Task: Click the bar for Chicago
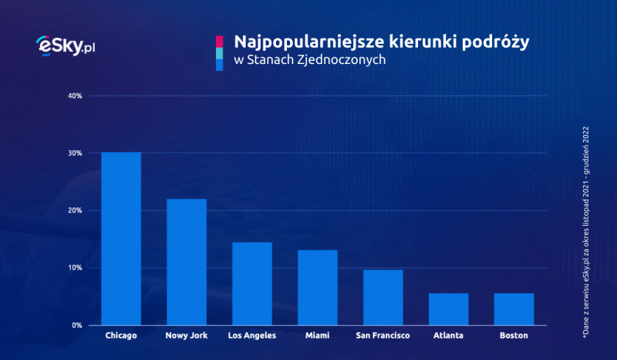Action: (x=121, y=238)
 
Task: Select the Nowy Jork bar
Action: (x=187, y=262)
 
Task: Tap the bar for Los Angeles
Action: (x=252, y=284)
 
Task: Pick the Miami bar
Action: (x=318, y=288)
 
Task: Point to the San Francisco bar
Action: (x=383, y=298)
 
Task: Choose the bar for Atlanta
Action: (x=449, y=309)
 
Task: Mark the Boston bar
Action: (x=514, y=309)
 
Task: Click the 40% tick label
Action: (x=75, y=96)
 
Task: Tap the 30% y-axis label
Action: (x=75, y=153)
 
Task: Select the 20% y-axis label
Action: (x=75, y=210)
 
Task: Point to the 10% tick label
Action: (x=75, y=268)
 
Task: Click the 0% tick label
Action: (x=76, y=325)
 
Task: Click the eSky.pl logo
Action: (x=66, y=45)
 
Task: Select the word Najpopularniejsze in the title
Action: (x=303, y=42)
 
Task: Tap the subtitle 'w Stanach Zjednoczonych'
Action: (x=310, y=60)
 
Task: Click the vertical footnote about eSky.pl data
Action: (x=586, y=232)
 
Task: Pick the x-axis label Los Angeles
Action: (x=252, y=335)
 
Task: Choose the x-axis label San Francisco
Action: (x=383, y=335)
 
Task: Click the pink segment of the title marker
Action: (x=219, y=42)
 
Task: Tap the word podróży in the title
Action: (x=495, y=42)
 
